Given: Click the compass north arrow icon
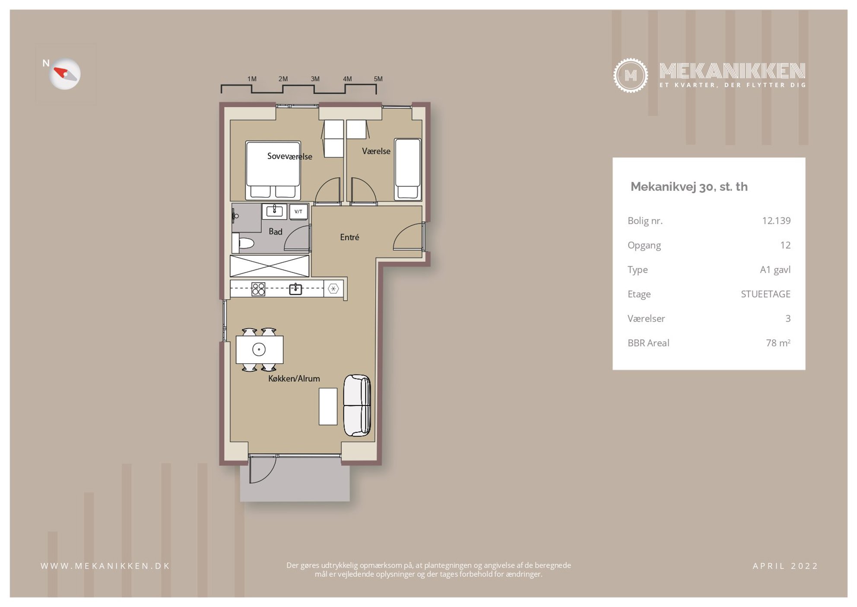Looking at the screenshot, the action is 65,74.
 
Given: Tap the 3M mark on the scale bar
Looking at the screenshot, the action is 315,79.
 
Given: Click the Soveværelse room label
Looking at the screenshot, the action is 289,157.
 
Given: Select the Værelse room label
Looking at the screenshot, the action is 376,151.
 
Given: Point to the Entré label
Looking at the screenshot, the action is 349,237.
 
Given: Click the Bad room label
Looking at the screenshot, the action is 275,232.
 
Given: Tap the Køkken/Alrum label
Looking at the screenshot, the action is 294,379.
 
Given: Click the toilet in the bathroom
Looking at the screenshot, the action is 243,243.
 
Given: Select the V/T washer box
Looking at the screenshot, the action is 298,211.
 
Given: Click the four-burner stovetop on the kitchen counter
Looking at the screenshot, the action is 258,289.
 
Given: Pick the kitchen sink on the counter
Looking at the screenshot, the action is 295,289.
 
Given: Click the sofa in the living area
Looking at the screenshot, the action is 357,405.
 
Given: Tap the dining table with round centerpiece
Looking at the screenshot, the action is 259,349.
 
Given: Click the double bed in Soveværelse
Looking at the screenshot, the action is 273,170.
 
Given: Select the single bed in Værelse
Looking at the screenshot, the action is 407,169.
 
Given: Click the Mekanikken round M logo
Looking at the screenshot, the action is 630,75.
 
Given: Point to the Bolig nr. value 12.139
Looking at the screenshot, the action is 776,221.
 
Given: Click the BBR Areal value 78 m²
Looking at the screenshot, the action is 778,343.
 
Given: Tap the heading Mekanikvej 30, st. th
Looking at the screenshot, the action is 689,187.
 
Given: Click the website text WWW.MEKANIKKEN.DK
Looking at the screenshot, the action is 105,566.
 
